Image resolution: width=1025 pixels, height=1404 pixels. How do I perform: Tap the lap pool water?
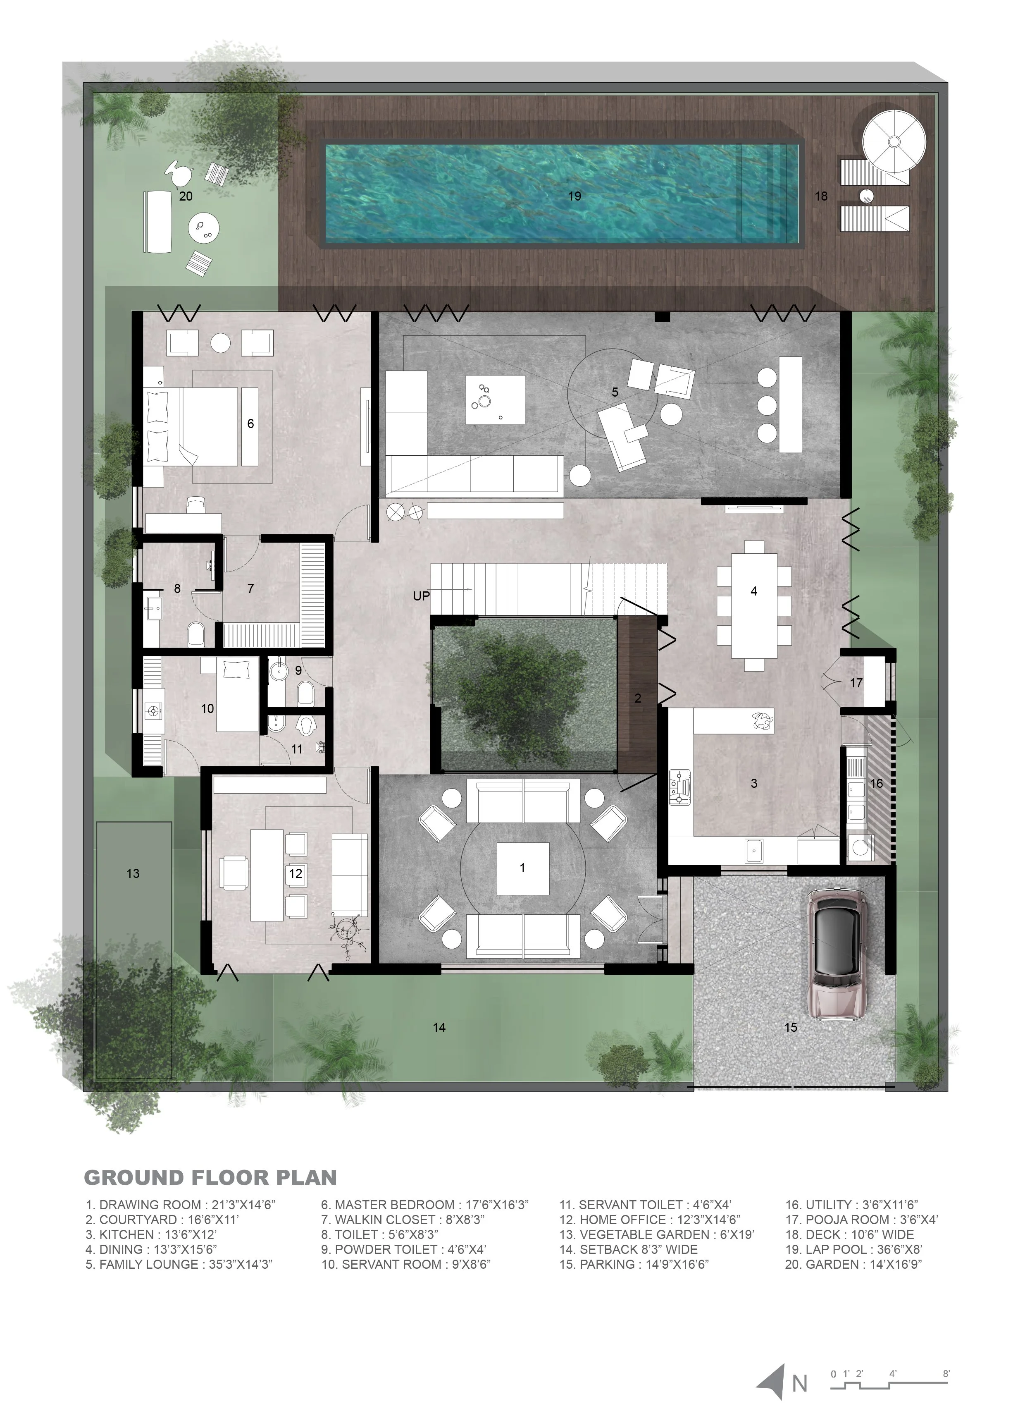[562, 193]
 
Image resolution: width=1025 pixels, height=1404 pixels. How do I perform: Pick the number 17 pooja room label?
[856, 683]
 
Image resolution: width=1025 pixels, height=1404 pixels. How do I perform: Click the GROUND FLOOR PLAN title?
[210, 1177]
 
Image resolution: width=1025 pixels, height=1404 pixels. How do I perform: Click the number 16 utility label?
[876, 783]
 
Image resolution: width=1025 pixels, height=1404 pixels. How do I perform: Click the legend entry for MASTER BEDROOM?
[424, 1205]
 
